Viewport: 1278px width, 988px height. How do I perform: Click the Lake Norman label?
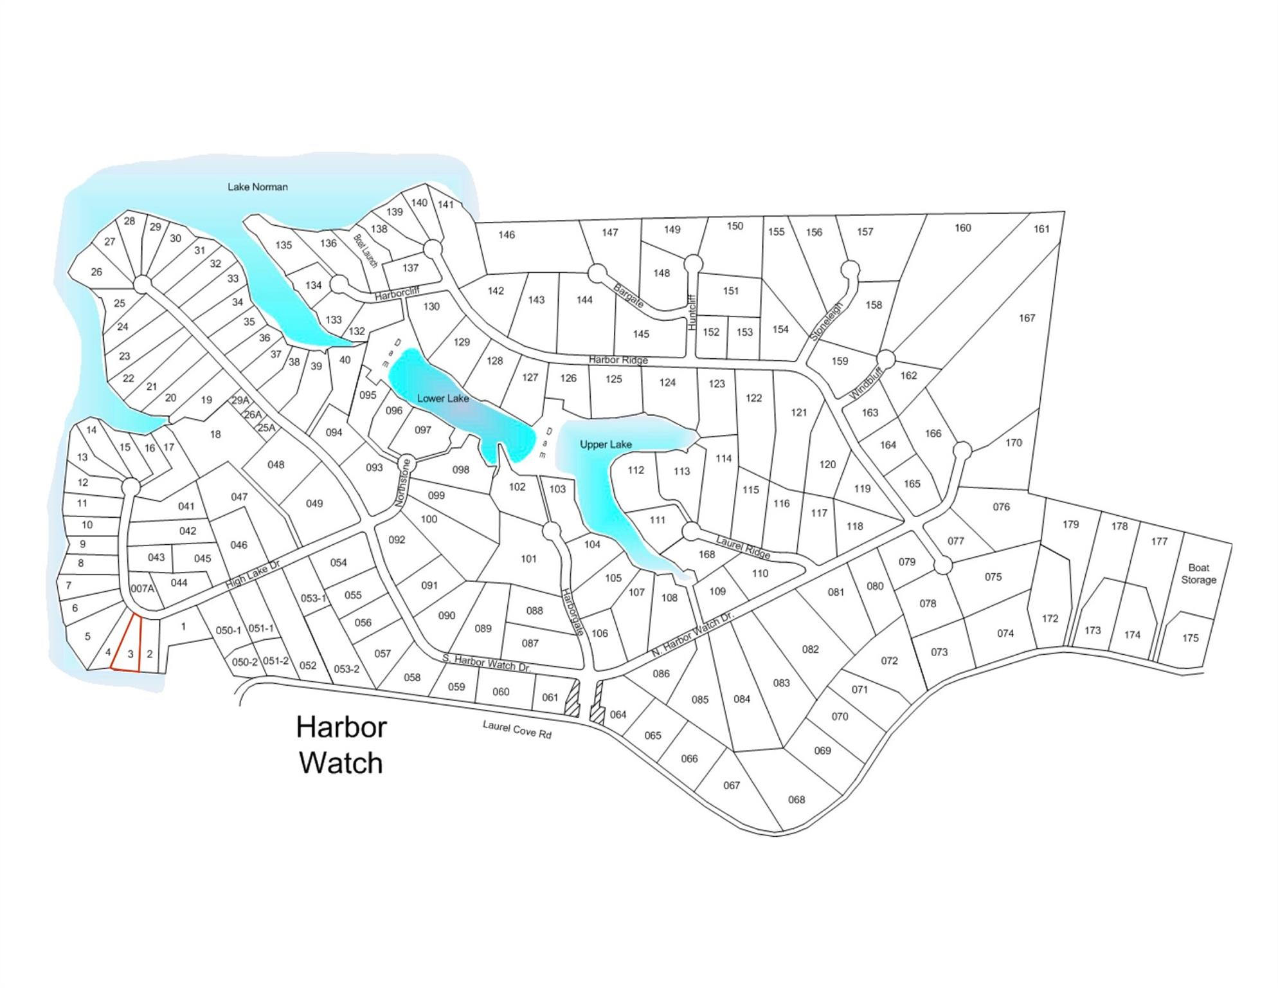pos(257,187)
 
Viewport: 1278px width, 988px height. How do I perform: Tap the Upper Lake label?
pos(606,444)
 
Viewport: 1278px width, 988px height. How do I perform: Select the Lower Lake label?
pos(443,398)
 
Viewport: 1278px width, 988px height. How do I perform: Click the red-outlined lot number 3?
pos(130,654)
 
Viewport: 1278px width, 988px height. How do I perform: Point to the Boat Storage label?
pos(1198,574)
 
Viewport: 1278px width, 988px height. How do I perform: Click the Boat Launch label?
pos(365,252)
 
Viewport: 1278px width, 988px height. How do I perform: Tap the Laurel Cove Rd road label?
pos(517,729)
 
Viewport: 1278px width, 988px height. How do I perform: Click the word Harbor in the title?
pos(341,727)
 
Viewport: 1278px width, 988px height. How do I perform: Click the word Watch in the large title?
pos(341,764)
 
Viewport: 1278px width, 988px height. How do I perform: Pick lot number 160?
pos(962,228)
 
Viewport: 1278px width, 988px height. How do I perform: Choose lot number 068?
pos(796,800)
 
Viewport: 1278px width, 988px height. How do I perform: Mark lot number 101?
pos(528,559)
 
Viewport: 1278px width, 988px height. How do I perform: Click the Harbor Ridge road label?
pos(618,360)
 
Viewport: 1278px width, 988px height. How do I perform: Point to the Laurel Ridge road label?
pos(743,547)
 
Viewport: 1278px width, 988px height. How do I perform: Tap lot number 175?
pos(1190,638)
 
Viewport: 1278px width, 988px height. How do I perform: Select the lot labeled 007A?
pos(142,589)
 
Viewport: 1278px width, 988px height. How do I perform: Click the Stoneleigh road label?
pos(826,322)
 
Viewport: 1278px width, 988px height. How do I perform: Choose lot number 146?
pos(507,235)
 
